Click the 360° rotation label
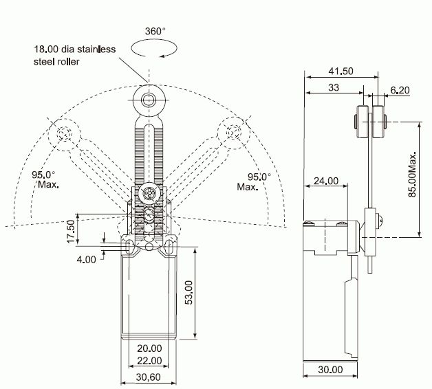[155, 32]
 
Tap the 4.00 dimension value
[87, 260]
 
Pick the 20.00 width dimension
[149, 348]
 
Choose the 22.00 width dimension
[149, 361]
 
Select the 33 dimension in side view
[333, 87]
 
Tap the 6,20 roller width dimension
[399, 90]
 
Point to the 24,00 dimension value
[326, 181]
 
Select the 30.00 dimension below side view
[330, 370]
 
